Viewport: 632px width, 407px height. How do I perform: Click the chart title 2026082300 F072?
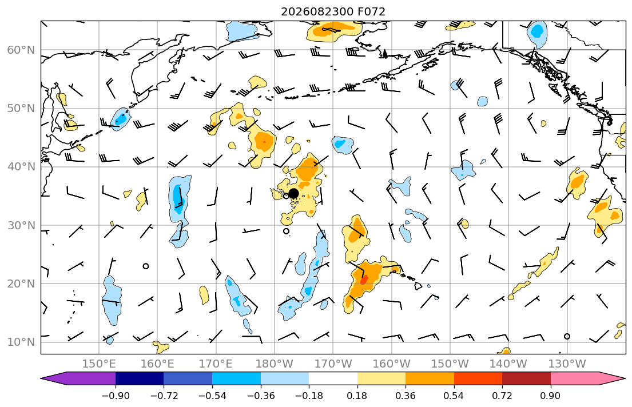[x=333, y=11]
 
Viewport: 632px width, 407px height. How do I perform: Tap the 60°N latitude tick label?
[x=21, y=50]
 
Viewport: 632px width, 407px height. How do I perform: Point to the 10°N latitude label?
[x=21, y=342]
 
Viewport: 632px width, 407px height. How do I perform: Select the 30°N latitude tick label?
[x=21, y=225]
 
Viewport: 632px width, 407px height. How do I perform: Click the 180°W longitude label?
[x=275, y=364]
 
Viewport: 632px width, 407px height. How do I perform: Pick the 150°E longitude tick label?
[x=99, y=364]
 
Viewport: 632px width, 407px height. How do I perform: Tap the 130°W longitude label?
[x=567, y=364]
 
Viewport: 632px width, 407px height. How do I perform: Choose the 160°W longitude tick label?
[x=391, y=364]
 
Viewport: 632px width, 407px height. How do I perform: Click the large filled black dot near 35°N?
[x=293, y=193]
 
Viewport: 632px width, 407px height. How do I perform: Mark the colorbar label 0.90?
[x=550, y=396]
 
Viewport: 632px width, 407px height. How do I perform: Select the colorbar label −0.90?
[x=116, y=396]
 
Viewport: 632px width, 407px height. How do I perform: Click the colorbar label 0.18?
[x=357, y=396]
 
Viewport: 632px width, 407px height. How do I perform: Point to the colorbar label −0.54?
[x=212, y=396]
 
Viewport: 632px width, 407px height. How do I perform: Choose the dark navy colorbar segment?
[x=140, y=378]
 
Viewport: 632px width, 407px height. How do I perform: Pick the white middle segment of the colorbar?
[x=333, y=378]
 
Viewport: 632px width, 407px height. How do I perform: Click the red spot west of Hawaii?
[x=364, y=279]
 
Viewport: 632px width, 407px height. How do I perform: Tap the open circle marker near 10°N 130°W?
[x=567, y=336]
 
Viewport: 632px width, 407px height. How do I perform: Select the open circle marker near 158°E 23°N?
[x=146, y=266]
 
